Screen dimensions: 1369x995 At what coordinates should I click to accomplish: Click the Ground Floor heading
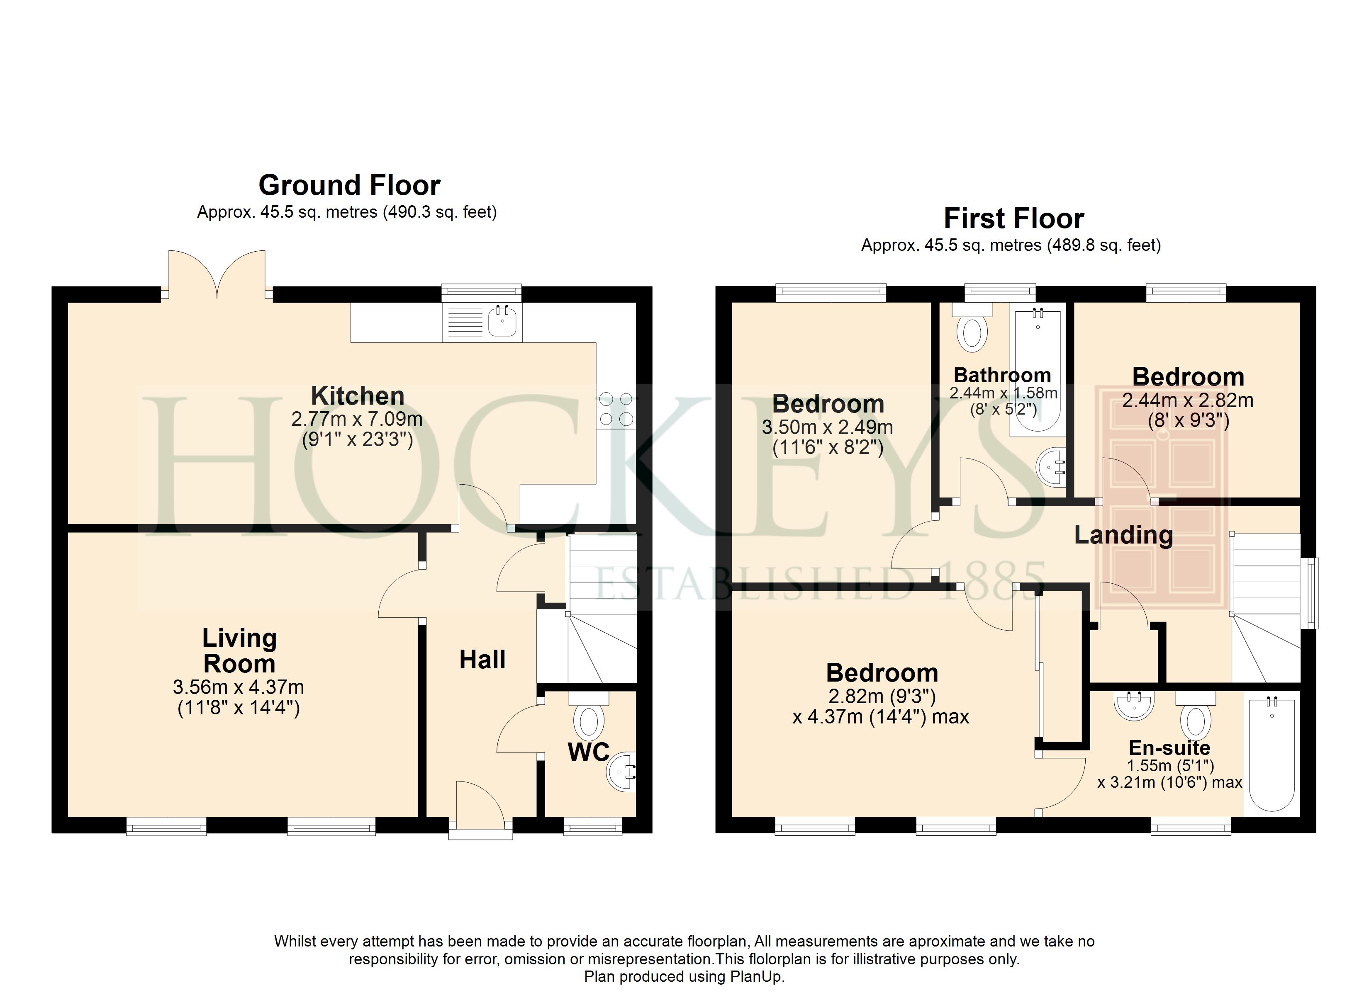point(349,185)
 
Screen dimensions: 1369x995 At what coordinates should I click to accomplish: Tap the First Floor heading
point(1014,218)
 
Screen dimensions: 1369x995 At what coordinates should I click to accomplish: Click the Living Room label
point(240,650)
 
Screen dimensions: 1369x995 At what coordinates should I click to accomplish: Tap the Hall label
point(482,660)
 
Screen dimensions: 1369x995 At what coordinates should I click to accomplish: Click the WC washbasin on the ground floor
point(622,772)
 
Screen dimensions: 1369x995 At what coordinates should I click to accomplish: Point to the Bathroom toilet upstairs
point(972,328)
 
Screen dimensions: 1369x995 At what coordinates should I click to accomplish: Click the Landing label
point(1124,535)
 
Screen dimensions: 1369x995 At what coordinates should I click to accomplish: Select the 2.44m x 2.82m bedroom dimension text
point(1188,400)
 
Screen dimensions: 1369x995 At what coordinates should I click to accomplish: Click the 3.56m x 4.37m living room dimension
point(239,687)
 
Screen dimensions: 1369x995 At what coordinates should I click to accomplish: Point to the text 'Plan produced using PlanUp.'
point(684,977)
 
